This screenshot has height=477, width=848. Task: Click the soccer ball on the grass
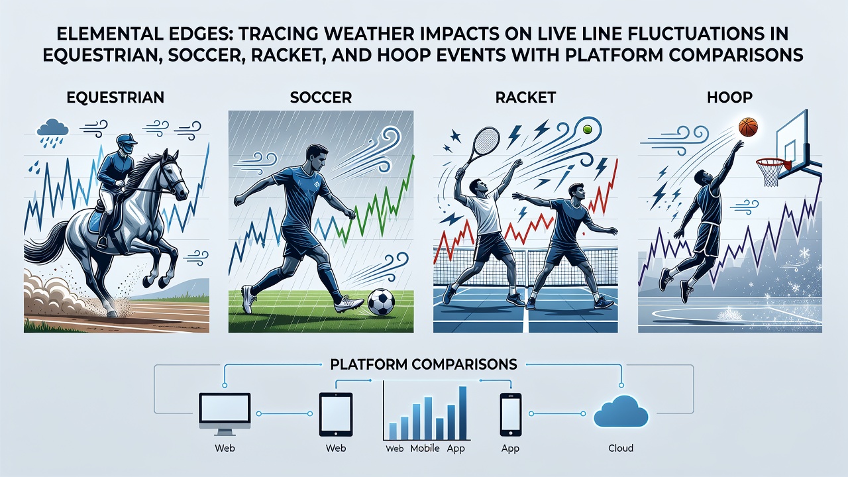click(381, 301)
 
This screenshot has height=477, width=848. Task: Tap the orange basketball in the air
click(748, 127)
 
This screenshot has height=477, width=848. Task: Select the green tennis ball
click(587, 129)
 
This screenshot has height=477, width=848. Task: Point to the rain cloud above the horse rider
click(52, 128)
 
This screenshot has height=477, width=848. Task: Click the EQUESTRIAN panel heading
click(115, 97)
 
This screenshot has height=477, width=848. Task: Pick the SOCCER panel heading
click(321, 97)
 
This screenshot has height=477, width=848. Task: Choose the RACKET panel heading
click(525, 97)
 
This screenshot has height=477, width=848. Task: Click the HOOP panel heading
click(729, 97)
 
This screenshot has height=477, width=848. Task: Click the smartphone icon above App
click(510, 415)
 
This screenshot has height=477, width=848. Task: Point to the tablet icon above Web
click(336, 415)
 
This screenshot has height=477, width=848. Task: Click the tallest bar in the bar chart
click(462, 413)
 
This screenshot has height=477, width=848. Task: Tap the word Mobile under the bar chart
click(425, 449)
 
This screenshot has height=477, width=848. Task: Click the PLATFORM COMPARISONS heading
click(423, 364)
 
